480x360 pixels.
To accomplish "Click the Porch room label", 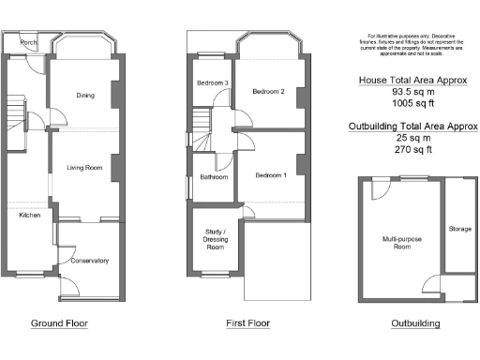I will [28, 42].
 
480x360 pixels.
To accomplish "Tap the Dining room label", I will [85, 96].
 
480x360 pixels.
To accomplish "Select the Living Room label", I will [83, 168].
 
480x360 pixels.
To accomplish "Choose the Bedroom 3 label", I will [212, 83].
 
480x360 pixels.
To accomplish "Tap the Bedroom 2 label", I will [269, 91].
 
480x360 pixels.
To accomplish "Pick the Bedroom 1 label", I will [273, 175].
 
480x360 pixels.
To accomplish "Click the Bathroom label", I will [213, 176].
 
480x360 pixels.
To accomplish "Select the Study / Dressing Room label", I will [215, 242].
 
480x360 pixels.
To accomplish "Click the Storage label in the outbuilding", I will [459, 228].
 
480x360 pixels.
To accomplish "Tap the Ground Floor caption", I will [60, 323].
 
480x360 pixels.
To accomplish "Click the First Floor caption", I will [247, 323].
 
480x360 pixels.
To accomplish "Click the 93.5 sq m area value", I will [413, 93].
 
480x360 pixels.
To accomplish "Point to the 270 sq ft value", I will [413, 148].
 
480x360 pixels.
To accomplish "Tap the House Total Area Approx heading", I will [413, 81].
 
